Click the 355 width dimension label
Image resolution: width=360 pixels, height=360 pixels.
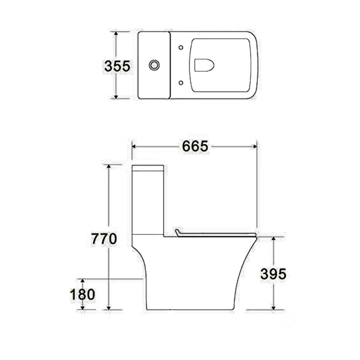[x=117, y=66]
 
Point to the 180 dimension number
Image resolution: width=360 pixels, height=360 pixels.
[x=82, y=294]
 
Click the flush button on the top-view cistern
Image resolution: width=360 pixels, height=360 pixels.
[x=154, y=64]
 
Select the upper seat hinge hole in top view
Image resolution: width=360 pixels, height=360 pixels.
[x=181, y=47]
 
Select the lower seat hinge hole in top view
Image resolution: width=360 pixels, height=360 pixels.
[x=181, y=82]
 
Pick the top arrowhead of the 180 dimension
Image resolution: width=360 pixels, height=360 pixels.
[x=83, y=280]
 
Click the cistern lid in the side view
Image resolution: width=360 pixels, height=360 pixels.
[x=148, y=167]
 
